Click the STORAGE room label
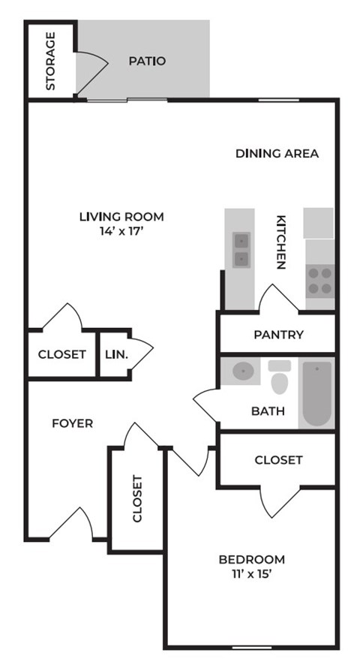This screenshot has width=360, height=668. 51,62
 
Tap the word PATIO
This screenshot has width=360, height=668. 146,62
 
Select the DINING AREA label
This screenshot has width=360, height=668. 277,154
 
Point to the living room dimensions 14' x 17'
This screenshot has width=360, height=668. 121,231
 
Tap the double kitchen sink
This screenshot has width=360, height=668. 241,250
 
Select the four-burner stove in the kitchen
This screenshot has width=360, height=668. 319,281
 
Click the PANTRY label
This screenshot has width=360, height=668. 278,335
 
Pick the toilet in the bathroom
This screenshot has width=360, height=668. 279,380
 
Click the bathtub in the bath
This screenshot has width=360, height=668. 316,393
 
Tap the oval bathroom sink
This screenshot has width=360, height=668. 242,371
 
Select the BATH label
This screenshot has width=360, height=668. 268,411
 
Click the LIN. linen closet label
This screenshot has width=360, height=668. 115,354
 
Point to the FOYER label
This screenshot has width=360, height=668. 72,423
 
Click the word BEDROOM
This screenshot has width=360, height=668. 251,559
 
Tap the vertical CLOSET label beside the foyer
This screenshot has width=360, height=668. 137,499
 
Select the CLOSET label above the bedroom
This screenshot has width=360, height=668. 278,459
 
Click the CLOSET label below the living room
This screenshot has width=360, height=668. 61,354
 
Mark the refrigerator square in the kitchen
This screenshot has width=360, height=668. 318,223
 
